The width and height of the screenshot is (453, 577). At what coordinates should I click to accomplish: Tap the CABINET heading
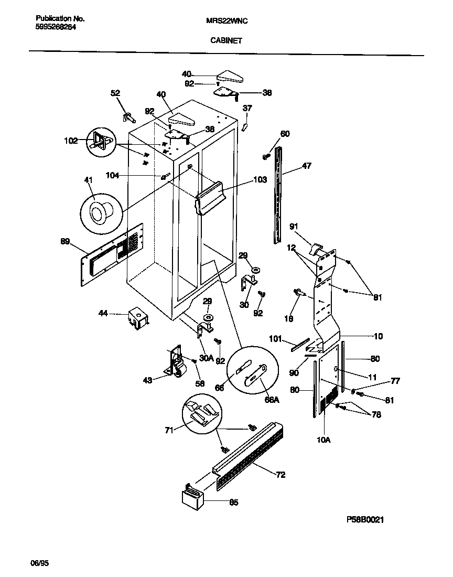(226, 40)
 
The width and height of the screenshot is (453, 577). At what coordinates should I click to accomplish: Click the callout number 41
(88, 180)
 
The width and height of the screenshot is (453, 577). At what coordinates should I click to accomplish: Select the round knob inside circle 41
(99, 212)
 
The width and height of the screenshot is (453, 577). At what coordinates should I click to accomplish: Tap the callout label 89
(65, 241)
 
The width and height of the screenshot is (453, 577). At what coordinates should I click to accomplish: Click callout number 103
(260, 179)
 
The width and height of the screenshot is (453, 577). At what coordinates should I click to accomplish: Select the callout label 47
(306, 166)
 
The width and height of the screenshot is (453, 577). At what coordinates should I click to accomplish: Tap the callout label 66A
(272, 399)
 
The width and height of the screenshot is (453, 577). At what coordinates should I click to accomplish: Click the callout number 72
(281, 475)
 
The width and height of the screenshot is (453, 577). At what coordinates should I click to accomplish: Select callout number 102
(71, 141)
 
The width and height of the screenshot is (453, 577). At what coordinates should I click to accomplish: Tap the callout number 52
(115, 93)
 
